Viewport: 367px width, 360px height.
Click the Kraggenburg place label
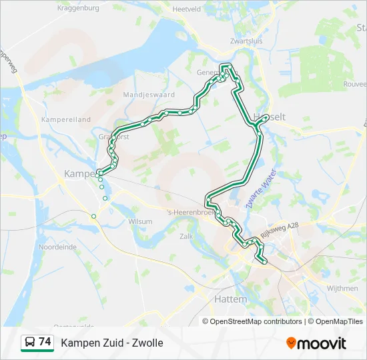(x=78, y=9)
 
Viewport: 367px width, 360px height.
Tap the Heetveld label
(x=186, y=9)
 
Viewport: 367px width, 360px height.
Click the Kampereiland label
(x=66, y=119)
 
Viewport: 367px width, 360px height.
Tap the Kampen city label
(x=79, y=173)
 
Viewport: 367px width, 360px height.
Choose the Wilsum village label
(x=141, y=221)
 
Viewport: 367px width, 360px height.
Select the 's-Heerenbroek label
(x=186, y=212)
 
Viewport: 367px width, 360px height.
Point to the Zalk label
(x=187, y=236)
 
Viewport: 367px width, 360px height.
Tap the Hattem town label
(x=230, y=299)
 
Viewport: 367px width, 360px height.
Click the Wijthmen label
(x=343, y=289)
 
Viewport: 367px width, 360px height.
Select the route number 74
(x=45, y=342)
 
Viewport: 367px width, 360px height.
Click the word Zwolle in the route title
(x=147, y=343)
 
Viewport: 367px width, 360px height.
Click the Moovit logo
(x=316, y=343)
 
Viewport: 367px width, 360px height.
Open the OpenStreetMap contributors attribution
(x=256, y=321)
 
